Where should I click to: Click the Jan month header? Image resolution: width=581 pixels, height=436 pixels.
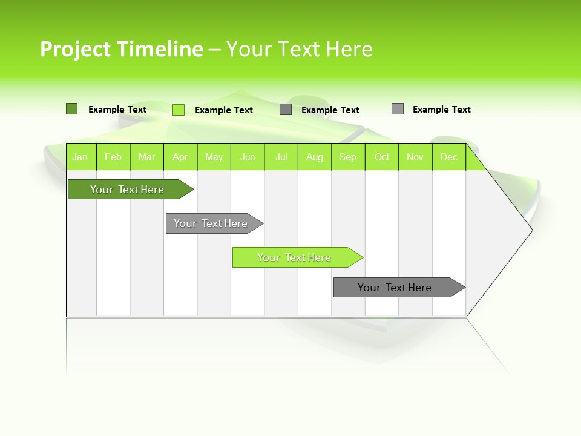click(80, 157)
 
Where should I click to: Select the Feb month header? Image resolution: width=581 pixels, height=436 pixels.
click(113, 157)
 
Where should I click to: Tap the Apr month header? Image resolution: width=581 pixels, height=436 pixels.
click(180, 157)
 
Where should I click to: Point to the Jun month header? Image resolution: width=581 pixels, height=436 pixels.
click(248, 157)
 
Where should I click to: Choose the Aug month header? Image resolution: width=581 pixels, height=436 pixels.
click(314, 157)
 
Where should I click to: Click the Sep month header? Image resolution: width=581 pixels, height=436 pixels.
click(347, 157)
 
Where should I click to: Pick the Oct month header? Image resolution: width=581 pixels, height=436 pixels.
click(382, 157)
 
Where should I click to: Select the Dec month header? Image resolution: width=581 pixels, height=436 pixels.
click(448, 157)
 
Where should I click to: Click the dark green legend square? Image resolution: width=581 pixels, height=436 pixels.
click(71, 109)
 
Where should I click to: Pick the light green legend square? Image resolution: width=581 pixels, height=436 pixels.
click(179, 110)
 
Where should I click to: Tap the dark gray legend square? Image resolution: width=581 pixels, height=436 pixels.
click(286, 110)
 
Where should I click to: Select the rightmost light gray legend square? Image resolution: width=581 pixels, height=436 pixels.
click(397, 109)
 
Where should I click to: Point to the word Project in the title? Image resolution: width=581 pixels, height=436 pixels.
click(76, 49)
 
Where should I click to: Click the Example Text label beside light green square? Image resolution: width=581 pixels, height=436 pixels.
click(224, 110)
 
